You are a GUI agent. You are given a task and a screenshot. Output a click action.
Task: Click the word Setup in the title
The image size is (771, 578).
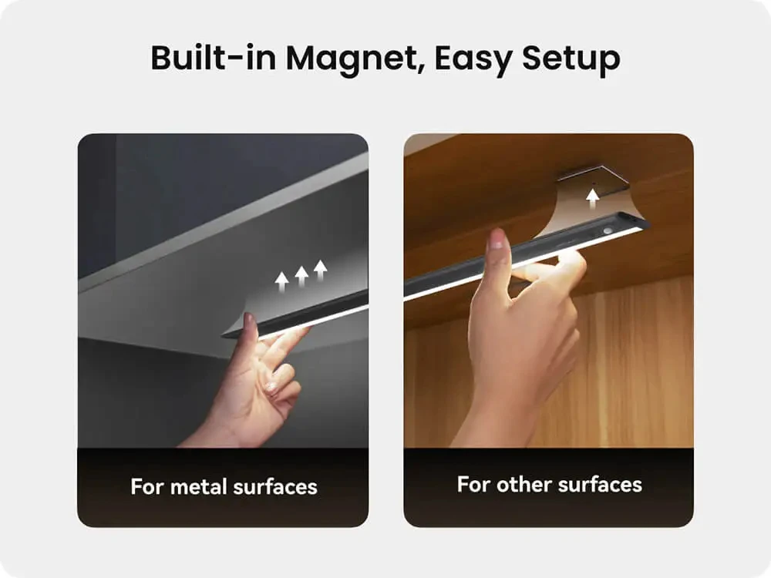point(571,59)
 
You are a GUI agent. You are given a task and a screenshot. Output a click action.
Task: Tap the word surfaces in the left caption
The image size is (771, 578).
point(275,486)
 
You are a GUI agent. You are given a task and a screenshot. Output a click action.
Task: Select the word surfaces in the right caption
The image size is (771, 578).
point(600,484)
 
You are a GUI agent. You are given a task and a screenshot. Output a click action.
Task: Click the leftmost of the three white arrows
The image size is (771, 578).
point(281,282)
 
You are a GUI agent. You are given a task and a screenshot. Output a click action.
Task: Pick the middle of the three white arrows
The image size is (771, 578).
point(301,276)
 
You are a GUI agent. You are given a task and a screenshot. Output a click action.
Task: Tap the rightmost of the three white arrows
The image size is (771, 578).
point(321,271)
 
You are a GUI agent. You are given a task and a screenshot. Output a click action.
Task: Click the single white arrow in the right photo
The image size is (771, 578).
point(593,200)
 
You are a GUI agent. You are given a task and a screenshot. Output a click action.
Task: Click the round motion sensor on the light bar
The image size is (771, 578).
point(608,230)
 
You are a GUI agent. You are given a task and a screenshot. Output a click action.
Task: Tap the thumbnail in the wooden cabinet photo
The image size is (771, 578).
point(497,239)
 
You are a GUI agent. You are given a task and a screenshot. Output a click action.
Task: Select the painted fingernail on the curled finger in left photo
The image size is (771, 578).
point(271,387)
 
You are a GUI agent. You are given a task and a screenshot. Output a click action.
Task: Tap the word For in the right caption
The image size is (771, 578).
point(473,484)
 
